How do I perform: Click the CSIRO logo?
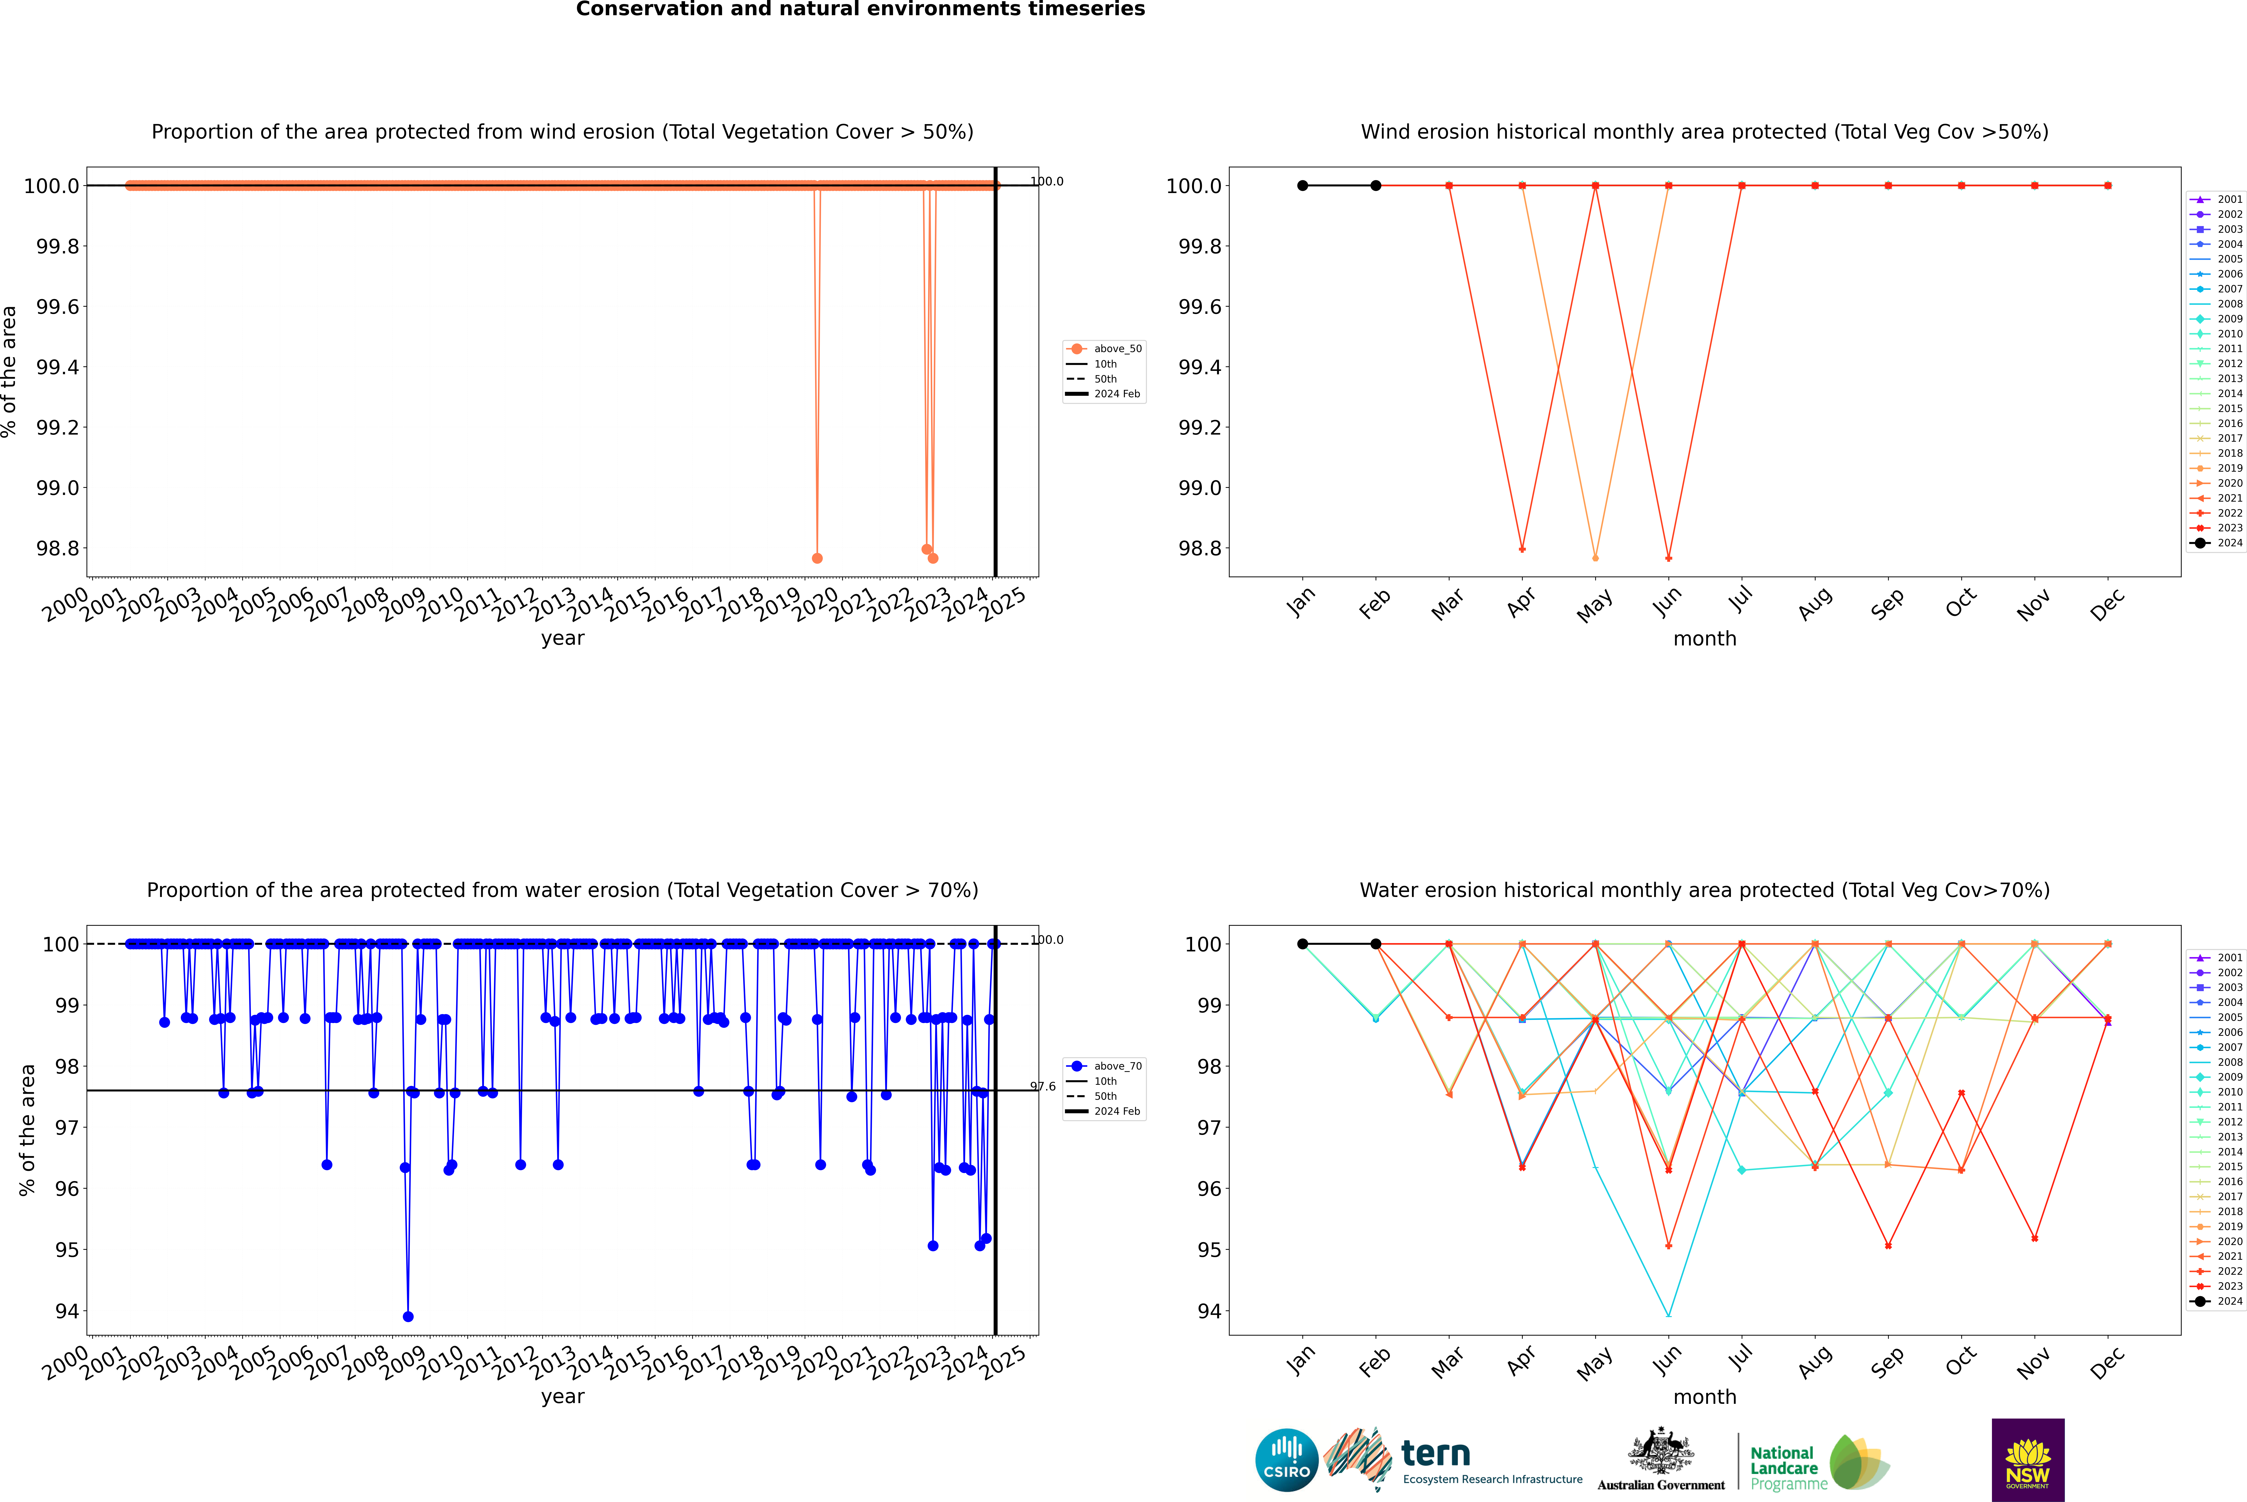[1286, 1460]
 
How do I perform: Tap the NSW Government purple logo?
[2028, 1460]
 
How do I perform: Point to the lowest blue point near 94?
[408, 1316]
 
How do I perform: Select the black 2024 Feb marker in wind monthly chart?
[1375, 186]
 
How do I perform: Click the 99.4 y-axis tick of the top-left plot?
[58, 367]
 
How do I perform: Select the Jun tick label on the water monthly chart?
[1667, 1361]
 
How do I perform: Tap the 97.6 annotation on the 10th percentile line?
[1043, 1086]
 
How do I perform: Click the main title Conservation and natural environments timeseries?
[860, 10]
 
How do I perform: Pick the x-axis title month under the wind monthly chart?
[1704, 639]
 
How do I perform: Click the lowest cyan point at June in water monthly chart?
[1668, 1315]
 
